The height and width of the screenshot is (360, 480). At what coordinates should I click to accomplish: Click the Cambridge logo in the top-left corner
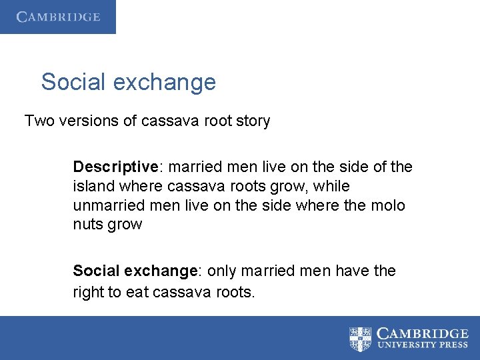pos(58,17)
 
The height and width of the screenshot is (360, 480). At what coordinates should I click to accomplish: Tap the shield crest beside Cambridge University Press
pos(361,339)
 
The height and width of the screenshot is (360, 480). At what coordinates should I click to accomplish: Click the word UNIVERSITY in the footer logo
pos(405,345)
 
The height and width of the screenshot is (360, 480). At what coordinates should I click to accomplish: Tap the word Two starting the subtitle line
pos(38,121)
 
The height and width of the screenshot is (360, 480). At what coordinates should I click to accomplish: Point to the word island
pos(93,186)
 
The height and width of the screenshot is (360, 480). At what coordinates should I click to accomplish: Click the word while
pos(333,186)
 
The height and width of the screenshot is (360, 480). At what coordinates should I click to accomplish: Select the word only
pos(221,271)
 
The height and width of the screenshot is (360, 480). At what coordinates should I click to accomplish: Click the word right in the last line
pos(90,291)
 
